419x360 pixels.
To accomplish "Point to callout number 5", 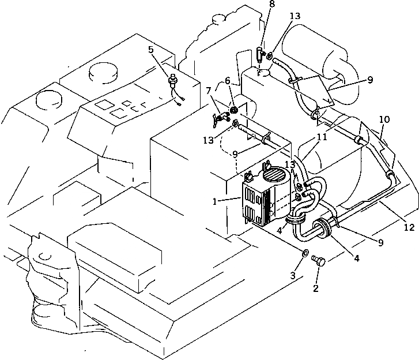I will coord(151,50).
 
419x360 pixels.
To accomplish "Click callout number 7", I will coord(209,91).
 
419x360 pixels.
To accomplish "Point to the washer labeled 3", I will coord(306,253).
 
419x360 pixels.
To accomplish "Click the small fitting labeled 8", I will coord(261,55).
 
